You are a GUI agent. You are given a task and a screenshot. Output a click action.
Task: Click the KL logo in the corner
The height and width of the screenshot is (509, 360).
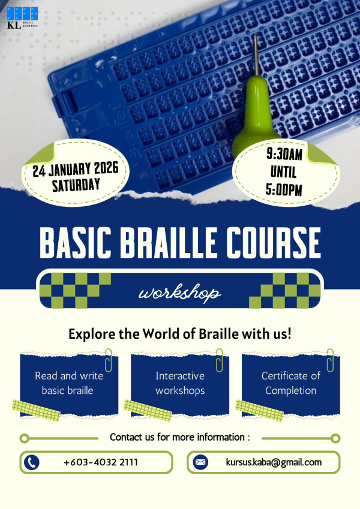click(22, 18)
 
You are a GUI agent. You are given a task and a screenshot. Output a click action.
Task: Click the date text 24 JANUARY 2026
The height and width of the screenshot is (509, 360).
click(76, 169)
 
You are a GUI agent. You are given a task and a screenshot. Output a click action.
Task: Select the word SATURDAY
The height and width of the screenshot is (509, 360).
click(76, 185)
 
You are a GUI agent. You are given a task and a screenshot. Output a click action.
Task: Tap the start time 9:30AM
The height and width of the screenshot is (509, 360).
click(284, 154)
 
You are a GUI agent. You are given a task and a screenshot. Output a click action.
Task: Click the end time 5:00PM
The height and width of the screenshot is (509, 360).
click(284, 189)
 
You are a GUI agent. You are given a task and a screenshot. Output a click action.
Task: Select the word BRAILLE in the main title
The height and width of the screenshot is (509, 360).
click(169, 242)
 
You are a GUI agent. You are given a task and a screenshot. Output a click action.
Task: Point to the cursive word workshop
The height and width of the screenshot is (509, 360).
click(179, 293)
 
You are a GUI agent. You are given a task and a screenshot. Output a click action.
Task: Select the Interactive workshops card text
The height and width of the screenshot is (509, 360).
click(180, 383)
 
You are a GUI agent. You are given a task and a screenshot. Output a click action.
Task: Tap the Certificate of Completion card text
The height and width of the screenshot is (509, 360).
click(291, 383)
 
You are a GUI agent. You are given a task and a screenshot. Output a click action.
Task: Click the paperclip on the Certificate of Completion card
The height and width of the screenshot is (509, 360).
click(331, 360)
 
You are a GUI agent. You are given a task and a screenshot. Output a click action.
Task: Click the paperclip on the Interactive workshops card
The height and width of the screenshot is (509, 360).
click(220, 360)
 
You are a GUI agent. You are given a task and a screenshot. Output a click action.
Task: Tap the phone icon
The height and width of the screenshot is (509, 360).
click(32, 462)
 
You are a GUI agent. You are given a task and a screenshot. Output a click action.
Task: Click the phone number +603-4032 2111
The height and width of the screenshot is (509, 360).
click(101, 462)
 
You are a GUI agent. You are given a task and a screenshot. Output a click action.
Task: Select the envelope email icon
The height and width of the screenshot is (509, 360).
click(200, 462)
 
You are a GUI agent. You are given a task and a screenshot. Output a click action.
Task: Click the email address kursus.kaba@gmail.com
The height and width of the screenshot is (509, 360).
click(274, 462)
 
